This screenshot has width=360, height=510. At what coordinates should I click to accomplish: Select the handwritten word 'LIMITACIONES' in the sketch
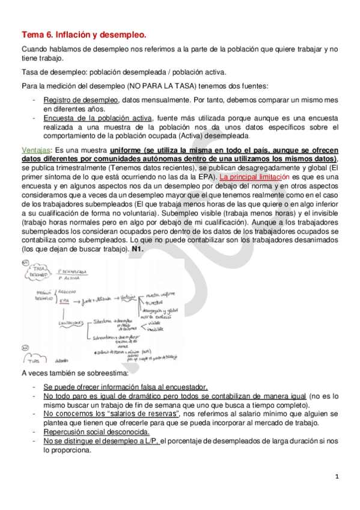click(70, 323)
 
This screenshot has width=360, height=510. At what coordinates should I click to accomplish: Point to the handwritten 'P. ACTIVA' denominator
click(70, 278)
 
